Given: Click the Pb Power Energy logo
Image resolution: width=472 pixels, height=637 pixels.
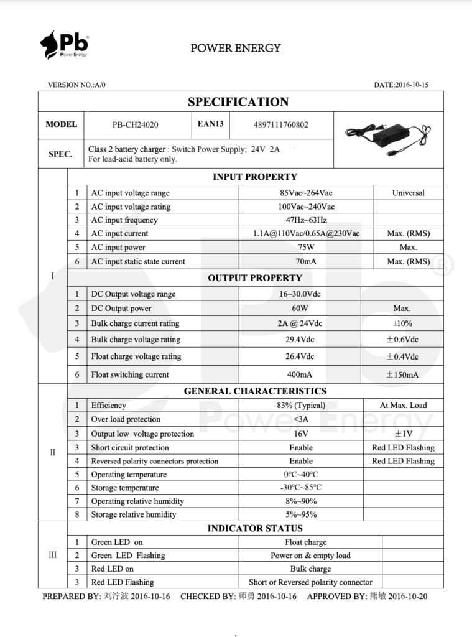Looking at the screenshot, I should click(x=64, y=45).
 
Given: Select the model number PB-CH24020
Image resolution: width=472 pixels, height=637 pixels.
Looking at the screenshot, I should click(x=135, y=124).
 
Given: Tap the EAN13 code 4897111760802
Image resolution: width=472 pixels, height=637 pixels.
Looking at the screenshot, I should click(x=280, y=124).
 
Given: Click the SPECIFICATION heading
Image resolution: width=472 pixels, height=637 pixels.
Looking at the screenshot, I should click(x=238, y=102).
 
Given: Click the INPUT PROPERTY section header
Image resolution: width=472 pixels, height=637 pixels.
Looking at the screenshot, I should click(x=255, y=177).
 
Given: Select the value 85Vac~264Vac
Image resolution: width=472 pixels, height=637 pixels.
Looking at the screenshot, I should click(x=306, y=193).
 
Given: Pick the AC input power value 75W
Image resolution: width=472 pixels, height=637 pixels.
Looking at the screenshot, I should click(x=306, y=248).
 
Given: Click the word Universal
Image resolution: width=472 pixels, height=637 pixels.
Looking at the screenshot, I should click(x=408, y=193).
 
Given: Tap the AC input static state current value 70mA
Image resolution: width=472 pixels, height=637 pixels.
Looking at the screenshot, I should click(x=306, y=262).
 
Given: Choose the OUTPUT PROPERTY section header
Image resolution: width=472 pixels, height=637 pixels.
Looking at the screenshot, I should click(x=255, y=278).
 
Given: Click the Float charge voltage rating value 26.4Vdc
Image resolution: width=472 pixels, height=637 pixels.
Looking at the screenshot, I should click(x=300, y=356).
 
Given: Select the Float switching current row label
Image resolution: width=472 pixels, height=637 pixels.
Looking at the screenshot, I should click(x=130, y=374).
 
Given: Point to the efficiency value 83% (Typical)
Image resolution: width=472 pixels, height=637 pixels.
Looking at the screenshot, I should click(x=300, y=406).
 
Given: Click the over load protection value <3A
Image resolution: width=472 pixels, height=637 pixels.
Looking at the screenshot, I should click(x=300, y=419).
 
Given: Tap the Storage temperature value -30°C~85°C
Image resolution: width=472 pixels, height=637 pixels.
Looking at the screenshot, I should click(x=301, y=488).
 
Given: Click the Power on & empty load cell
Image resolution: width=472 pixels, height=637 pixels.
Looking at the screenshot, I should click(x=310, y=556).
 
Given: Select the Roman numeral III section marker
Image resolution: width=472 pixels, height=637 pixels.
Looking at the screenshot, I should click(x=52, y=555).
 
